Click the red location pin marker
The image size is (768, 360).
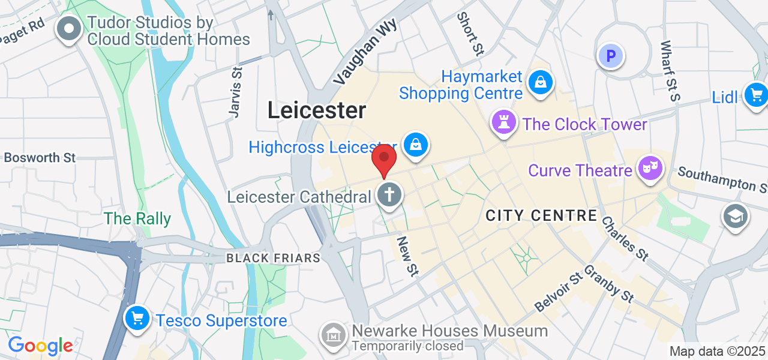384,160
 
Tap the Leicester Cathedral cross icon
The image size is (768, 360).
389,195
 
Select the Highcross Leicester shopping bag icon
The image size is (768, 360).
415,145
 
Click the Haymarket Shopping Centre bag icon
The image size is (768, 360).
541,83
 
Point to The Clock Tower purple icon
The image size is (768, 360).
504,122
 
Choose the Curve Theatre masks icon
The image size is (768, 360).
650,168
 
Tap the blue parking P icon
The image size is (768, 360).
611,57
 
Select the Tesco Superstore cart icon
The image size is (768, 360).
137,318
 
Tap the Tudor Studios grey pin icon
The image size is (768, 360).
69,29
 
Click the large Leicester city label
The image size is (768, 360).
316,110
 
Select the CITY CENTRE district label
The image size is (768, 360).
541,216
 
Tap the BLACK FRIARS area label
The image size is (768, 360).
273,258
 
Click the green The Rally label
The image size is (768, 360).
137,219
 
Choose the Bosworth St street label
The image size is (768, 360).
40,158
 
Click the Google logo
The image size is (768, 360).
40,346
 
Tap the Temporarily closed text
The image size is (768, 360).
408,346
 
